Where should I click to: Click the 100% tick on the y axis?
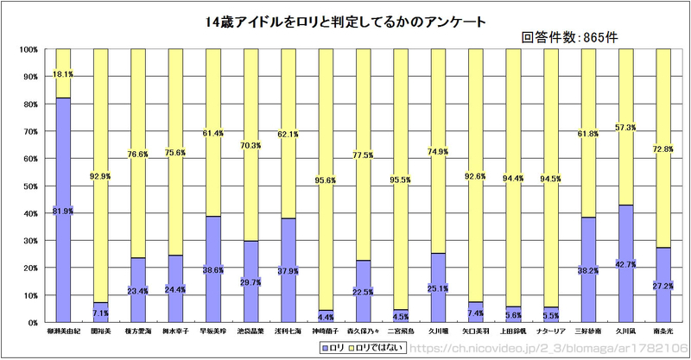(28, 49)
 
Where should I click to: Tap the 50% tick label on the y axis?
(29, 186)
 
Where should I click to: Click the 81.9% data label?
(62, 211)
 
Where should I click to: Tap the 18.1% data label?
(62, 74)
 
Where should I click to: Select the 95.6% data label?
(326, 180)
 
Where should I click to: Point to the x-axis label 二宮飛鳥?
(400, 330)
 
